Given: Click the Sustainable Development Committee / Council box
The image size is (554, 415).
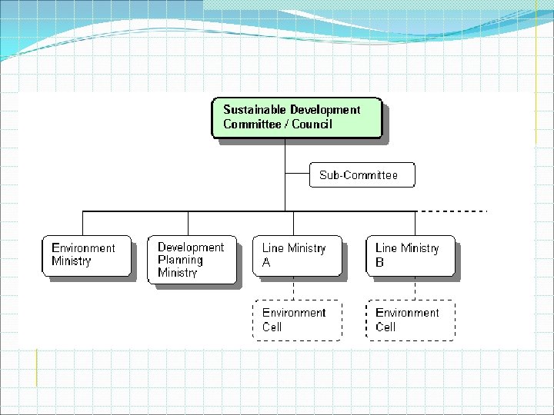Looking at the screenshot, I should (296, 118).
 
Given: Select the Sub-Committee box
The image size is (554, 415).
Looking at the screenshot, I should (362, 174).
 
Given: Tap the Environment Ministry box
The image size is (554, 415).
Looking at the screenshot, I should (86, 256).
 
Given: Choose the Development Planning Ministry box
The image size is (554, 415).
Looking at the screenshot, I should (192, 260).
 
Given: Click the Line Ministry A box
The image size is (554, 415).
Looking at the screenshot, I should (297, 256).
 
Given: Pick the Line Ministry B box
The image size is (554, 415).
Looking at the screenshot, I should (410, 256).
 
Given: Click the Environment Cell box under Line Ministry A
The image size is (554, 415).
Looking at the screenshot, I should (297, 320).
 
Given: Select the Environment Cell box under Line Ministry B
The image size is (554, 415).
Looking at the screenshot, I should (410, 320).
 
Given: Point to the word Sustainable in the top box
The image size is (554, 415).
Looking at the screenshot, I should (255, 110).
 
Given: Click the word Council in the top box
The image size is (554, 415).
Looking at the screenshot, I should (312, 124).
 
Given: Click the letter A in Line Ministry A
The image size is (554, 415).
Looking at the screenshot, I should (267, 262).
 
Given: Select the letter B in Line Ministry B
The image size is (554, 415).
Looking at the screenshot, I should (380, 262).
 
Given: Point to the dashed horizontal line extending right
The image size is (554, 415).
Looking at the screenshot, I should (454, 210).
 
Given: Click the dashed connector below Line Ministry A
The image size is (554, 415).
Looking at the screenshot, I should (295, 288).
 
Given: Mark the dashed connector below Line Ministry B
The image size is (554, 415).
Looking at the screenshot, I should (415, 288).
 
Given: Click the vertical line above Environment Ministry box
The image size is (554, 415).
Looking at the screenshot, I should (83, 223).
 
